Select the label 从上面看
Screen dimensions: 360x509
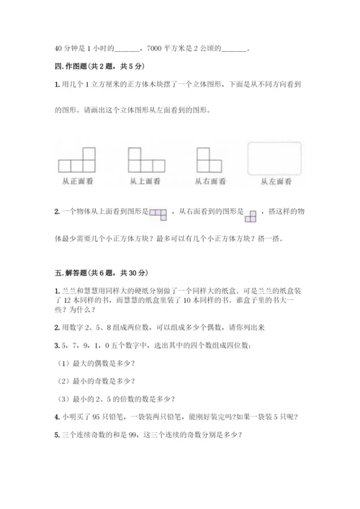(x=145, y=181)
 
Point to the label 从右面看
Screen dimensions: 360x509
(x=210, y=181)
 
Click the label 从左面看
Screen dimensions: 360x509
(x=276, y=181)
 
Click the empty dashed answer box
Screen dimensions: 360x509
(x=275, y=158)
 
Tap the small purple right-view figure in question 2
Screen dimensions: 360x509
(x=251, y=214)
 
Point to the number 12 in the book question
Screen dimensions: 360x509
(x=67, y=299)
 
